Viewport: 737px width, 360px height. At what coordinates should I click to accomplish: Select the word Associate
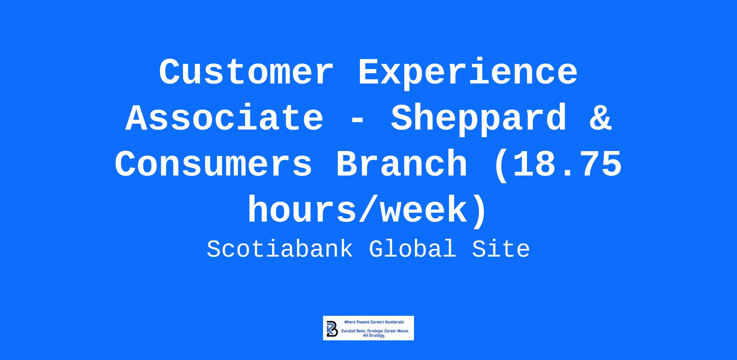tap(224, 118)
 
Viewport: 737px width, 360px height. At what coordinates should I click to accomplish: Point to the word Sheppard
tap(478, 119)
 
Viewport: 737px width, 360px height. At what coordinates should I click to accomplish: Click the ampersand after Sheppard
tap(601, 118)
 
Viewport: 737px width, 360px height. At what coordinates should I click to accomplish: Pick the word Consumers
tap(214, 164)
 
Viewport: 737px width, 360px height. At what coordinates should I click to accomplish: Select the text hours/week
tap(357, 211)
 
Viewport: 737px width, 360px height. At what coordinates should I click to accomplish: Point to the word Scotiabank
tap(280, 249)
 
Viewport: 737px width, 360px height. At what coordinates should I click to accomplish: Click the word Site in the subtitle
tap(501, 249)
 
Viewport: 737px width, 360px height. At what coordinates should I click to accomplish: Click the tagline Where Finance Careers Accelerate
tap(374, 322)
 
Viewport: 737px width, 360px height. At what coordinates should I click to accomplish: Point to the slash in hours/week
tap(369, 211)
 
